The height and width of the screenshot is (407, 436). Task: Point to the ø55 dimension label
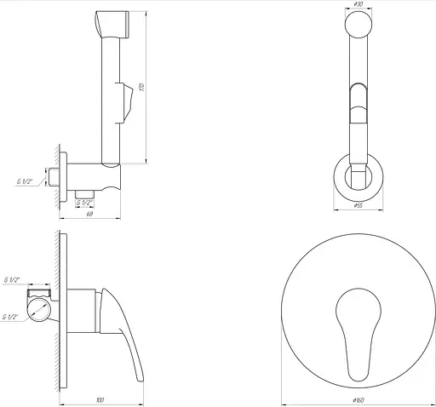pyautogui.click(x=359, y=205)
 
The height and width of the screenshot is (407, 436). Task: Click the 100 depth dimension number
pyautogui.click(x=100, y=398)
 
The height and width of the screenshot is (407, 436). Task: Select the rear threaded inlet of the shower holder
pyautogui.click(x=54, y=179)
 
